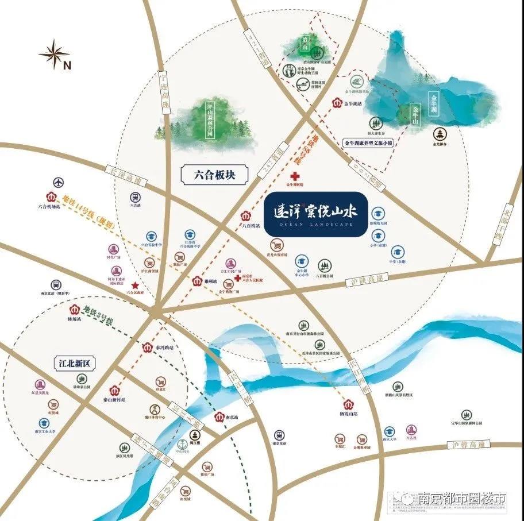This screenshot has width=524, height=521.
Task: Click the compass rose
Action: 54,55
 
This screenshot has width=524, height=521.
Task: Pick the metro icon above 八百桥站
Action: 245,217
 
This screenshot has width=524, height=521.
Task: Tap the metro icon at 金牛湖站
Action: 338,104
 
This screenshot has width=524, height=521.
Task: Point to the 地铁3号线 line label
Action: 103,314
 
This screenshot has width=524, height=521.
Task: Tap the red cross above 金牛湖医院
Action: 295,176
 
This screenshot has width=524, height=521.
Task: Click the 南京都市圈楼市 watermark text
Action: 462,497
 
